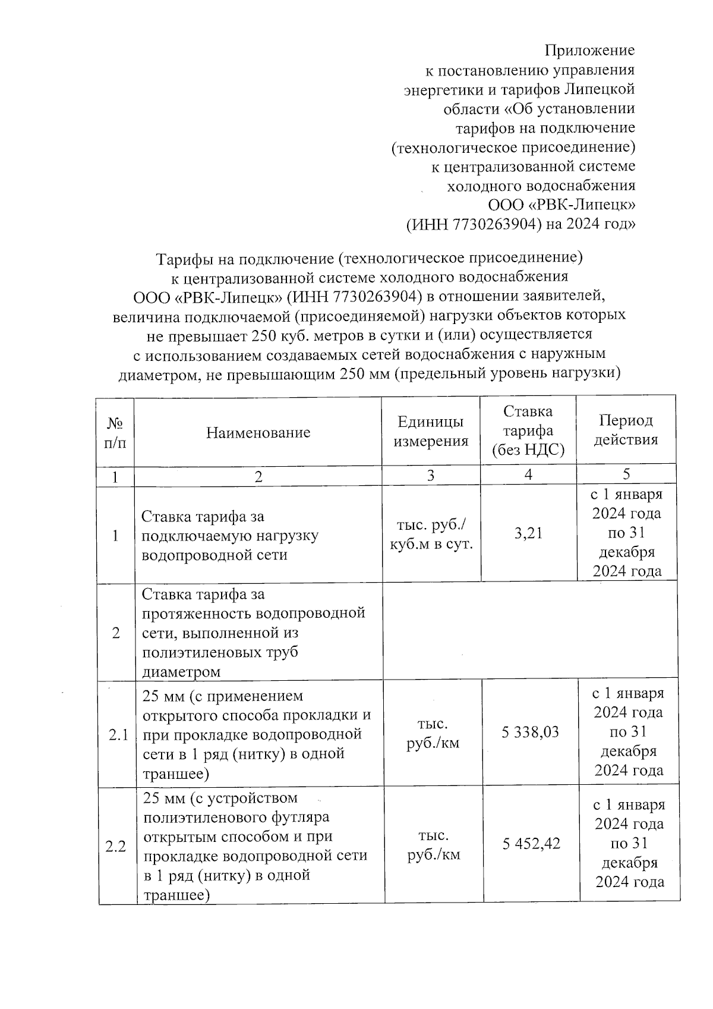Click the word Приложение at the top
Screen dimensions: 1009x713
click(590, 51)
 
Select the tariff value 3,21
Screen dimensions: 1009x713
click(528, 533)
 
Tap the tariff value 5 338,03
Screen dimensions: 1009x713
click(530, 732)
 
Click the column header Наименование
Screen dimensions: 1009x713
click(258, 432)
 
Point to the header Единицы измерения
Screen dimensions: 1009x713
click(431, 431)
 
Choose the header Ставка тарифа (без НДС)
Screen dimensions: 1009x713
click(528, 431)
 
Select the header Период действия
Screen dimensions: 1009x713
click(626, 430)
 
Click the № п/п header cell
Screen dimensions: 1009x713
click(115, 432)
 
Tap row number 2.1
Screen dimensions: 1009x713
click(118, 735)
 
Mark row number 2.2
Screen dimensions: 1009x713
click(116, 846)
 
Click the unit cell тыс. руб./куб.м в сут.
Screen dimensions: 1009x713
click(431, 535)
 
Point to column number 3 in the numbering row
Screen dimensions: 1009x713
click(431, 475)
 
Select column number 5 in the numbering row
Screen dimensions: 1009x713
click(626, 474)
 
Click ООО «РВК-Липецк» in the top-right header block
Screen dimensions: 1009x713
click(561, 205)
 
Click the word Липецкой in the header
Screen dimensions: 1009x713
click(600, 89)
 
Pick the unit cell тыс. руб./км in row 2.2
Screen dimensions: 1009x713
click(433, 845)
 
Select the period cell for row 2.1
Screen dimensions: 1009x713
click(629, 732)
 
